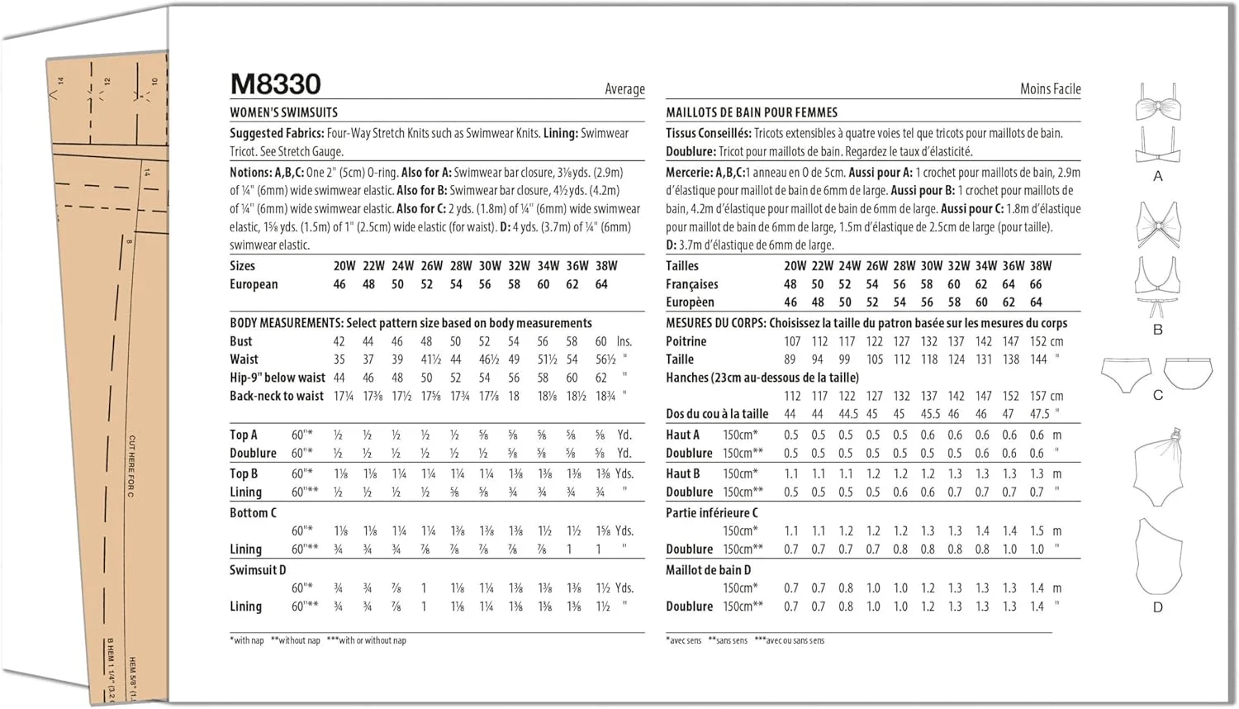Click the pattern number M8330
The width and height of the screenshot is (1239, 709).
coord(275,84)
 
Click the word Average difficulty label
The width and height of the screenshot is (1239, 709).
coord(624,89)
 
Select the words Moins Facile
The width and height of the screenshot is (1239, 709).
coord(1050,89)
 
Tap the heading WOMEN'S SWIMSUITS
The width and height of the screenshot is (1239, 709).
coord(283,112)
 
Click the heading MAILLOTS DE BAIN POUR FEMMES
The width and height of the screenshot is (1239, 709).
coord(752,112)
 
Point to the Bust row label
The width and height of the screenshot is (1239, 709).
coord(241,341)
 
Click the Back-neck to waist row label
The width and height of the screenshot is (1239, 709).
coord(277,396)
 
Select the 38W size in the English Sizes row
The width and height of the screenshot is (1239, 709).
coord(606,266)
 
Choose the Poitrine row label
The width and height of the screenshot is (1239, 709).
coord(686,341)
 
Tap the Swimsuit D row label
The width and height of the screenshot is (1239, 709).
coord(258,570)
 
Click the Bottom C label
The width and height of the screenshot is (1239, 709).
coord(253,513)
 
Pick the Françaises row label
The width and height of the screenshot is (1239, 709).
coord(692,284)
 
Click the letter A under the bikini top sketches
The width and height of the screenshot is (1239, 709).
coord(1157,176)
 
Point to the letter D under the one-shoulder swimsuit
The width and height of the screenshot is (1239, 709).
coord(1157,607)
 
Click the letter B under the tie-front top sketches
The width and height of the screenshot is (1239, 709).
coord(1157,330)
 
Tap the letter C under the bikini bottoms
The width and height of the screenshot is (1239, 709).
coord(1157,395)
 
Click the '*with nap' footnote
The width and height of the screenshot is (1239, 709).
coord(247,640)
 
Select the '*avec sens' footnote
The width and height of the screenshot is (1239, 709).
coord(684,640)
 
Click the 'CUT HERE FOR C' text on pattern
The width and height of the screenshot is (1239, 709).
coord(131,466)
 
